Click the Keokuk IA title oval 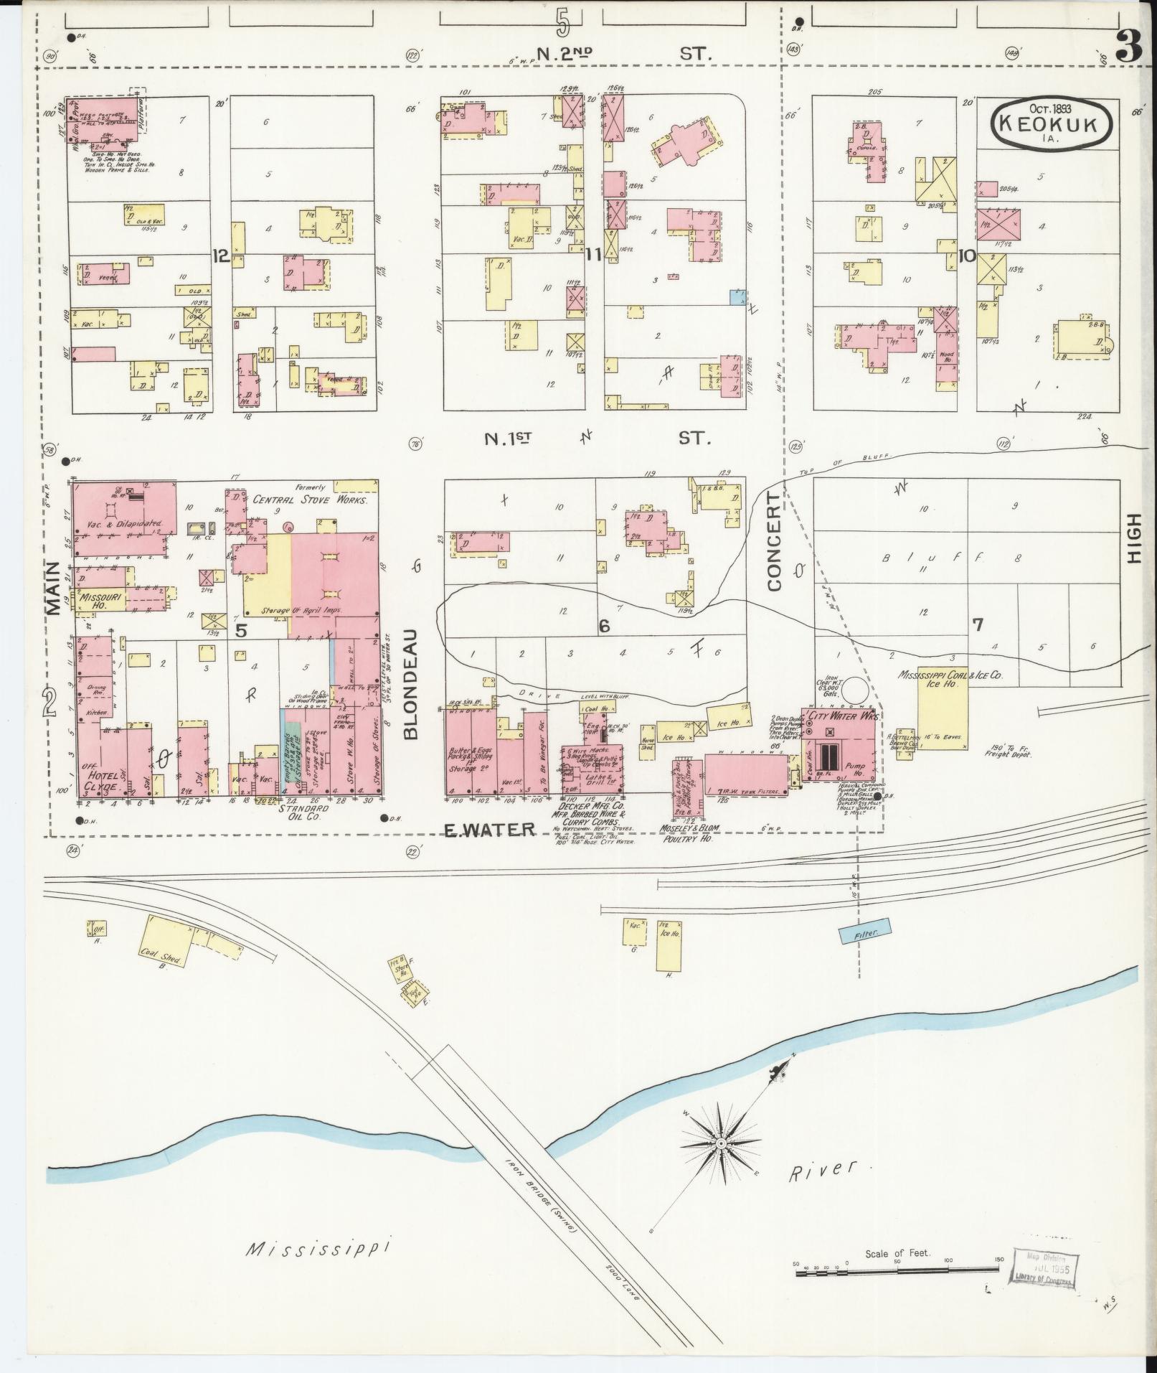(1052, 123)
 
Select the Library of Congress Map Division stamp (1044, 1275)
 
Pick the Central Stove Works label (309, 500)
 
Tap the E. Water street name (490, 830)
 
